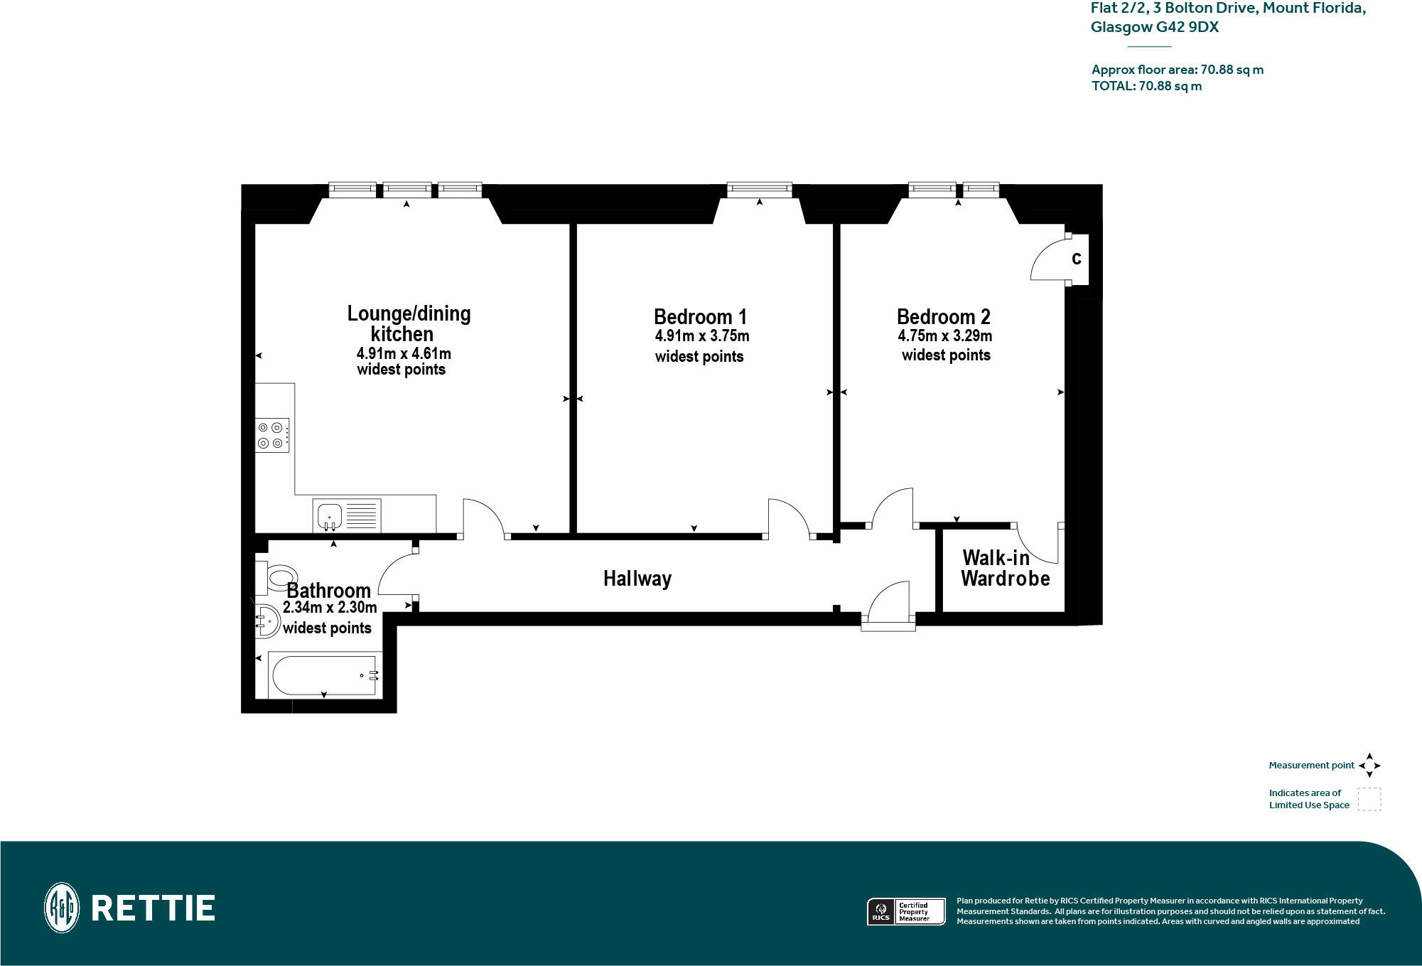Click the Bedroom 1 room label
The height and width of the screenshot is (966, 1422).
tap(700, 316)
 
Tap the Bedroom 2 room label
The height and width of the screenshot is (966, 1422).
tap(943, 316)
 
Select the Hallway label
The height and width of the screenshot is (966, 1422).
tap(637, 579)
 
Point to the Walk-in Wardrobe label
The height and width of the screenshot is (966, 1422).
tap(1005, 568)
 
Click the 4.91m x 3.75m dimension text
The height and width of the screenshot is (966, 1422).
tap(702, 336)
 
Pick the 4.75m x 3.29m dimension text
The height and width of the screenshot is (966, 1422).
tap(944, 336)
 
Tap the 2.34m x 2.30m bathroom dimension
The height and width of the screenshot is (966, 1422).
tap(330, 607)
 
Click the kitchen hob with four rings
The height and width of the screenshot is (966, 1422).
tap(272, 435)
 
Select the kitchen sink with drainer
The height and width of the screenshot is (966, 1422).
tap(347, 515)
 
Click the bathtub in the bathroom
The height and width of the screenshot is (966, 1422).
tap(325, 675)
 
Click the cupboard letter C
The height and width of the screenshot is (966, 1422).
tap(1077, 259)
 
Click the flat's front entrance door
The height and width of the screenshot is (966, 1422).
tap(888, 605)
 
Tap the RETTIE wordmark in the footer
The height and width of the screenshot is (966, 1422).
tap(153, 908)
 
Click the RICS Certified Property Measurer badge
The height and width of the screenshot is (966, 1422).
tap(906, 911)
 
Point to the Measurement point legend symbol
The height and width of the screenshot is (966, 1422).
tap(1369, 766)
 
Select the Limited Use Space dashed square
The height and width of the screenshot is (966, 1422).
tap(1369, 799)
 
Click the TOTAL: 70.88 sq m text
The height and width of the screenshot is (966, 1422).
tap(1146, 86)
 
